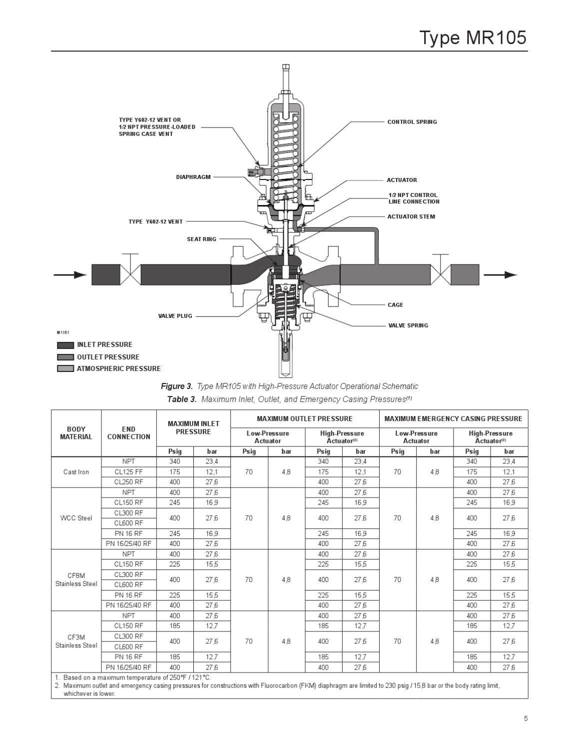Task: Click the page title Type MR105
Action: (x=472, y=37)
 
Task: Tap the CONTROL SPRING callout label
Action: (x=412, y=122)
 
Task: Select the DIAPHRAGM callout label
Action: (x=193, y=177)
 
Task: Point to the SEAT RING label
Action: (x=201, y=239)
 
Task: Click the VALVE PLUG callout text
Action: (x=175, y=316)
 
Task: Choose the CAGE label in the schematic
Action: (x=395, y=305)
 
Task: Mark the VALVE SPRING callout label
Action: (x=408, y=325)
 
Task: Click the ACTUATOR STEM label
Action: (x=411, y=216)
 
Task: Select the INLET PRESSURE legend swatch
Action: (x=65, y=345)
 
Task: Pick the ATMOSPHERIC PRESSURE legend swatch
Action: (x=65, y=369)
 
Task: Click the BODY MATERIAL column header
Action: (x=76, y=433)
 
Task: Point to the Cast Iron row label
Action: (x=76, y=472)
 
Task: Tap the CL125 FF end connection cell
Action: (x=128, y=472)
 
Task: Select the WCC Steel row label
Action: (x=76, y=518)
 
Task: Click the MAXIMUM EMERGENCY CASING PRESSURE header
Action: (x=453, y=419)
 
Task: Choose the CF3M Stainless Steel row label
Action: (x=76, y=641)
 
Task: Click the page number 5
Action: (x=526, y=719)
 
